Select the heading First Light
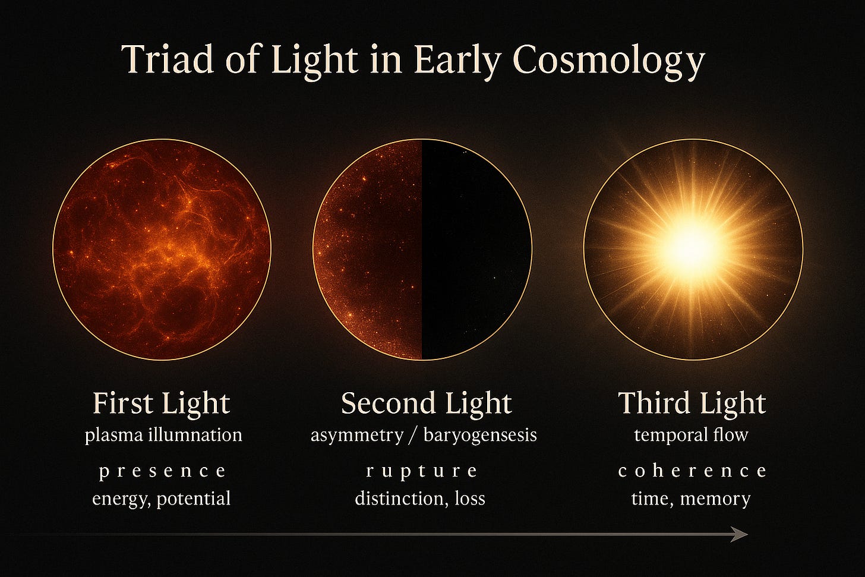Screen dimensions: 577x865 tap(161, 403)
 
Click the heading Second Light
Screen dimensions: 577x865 tap(426, 403)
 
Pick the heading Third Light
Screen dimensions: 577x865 tap(692, 403)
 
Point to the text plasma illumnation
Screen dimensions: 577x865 tap(163, 435)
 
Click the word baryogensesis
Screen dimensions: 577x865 tap(480, 435)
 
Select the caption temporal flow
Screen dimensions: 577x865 tap(691, 435)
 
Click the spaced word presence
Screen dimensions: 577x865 tap(162, 471)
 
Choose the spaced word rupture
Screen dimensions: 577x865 tap(422, 471)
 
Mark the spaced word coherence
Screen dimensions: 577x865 tap(692, 471)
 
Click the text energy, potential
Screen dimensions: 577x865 tap(161, 498)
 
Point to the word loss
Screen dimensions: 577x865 tap(469, 498)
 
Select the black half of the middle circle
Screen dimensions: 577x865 tap(475, 250)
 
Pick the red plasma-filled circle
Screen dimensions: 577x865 tap(162, 250)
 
